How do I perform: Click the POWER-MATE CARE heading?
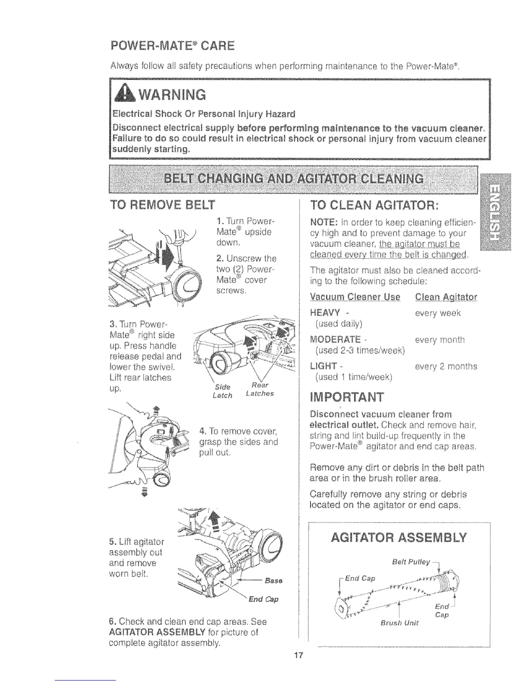pos(172,45)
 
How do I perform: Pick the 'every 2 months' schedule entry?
pos(446,367)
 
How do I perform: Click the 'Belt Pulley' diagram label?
pos(411,562)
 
